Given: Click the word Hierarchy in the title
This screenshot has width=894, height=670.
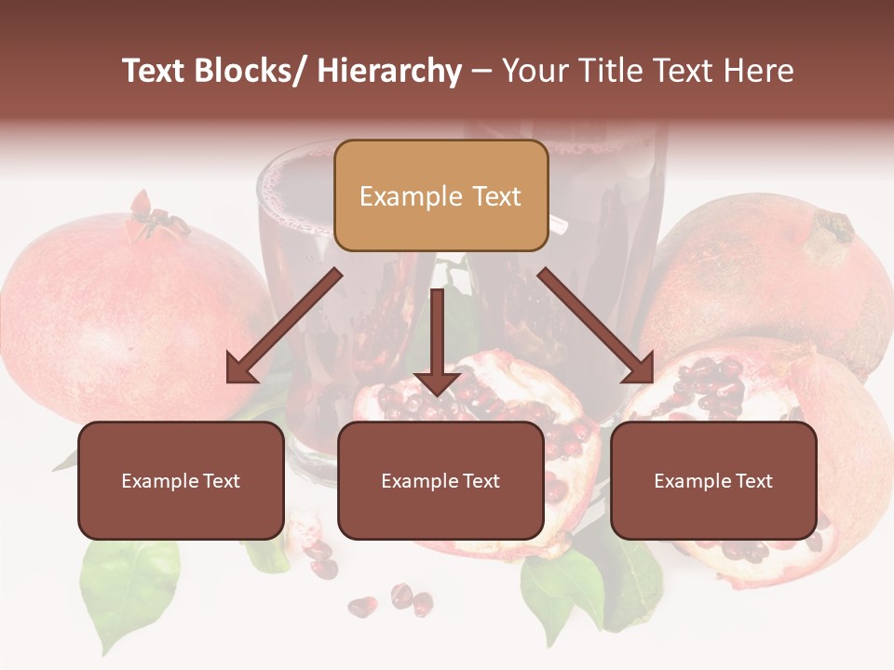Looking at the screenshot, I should click(388, 71).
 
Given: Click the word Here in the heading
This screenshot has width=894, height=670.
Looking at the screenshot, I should click(759, 71).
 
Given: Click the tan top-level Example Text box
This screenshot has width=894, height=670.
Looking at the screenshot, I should click(440, 196).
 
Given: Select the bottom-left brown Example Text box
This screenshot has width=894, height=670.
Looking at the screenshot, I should click(181, 481).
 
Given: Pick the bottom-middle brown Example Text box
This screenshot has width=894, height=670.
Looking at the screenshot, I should click(440, 481).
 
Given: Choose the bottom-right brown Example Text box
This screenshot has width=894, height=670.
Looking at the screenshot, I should click(713, 481).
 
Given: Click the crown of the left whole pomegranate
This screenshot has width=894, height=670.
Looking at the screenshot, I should click(154, 216).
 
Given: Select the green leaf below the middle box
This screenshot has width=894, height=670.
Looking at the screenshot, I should click(559, 586).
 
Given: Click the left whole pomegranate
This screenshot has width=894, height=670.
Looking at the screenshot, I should click(121, 307).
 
